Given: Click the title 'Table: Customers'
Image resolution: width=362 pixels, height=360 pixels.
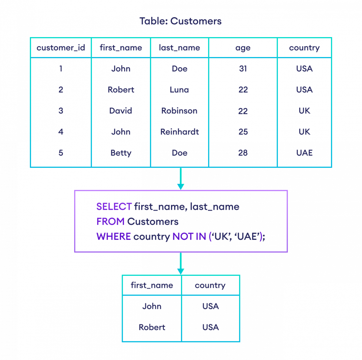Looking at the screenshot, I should coord(180,21).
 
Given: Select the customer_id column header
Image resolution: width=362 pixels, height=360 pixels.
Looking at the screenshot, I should coord(61,48).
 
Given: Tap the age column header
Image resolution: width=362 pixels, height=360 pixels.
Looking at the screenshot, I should coord(243,48).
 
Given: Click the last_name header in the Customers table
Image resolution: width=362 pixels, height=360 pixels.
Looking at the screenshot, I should coord(179,48).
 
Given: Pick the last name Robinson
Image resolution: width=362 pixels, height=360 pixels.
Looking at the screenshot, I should coord(179,111).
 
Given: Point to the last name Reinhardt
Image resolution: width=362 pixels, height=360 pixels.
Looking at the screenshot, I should coord(179,132).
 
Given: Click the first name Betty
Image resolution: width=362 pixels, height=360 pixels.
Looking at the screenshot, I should coord(121,153).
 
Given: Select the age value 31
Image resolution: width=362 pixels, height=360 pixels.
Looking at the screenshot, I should coord(243,69).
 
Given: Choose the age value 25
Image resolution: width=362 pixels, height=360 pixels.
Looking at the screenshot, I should coord(243,132).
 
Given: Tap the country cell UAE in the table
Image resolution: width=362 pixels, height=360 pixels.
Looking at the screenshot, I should coord(304,153).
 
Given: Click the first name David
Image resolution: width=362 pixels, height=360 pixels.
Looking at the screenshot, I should coord(121,111).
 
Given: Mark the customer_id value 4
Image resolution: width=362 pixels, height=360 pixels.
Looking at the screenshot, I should coord(61,132).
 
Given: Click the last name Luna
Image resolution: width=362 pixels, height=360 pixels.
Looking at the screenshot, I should coord(179,90).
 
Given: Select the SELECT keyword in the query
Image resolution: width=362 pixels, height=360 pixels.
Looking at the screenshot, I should coord(114,207).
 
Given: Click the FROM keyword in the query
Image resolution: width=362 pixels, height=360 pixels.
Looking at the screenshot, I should coord(110,221).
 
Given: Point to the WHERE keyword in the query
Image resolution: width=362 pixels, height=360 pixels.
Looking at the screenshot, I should coord(114,236).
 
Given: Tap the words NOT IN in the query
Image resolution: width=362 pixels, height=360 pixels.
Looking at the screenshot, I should coord(189,236).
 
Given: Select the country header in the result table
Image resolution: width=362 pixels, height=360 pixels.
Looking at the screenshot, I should coord(210,285).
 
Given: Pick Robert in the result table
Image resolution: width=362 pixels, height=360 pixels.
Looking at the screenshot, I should coord(152,327).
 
